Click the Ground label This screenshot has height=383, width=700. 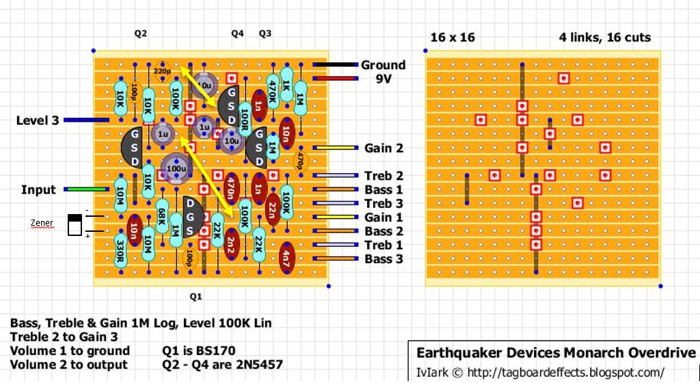click(383, 65)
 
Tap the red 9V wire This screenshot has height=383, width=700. click(336, 79)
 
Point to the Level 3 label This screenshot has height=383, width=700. click(38, 121)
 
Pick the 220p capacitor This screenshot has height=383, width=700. click(163, 70)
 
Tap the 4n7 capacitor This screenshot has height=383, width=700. click(286, 259)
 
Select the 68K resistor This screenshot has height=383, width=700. click(162, 217)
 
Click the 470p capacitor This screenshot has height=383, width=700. click(299, 161)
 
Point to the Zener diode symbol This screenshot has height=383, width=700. click(75, 224)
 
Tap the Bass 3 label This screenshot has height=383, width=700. click(383, 259)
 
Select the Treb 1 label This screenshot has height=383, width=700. click(383, 245)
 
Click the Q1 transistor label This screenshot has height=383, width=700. click(196, 296)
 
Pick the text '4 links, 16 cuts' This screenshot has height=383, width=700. click(604, 38)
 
